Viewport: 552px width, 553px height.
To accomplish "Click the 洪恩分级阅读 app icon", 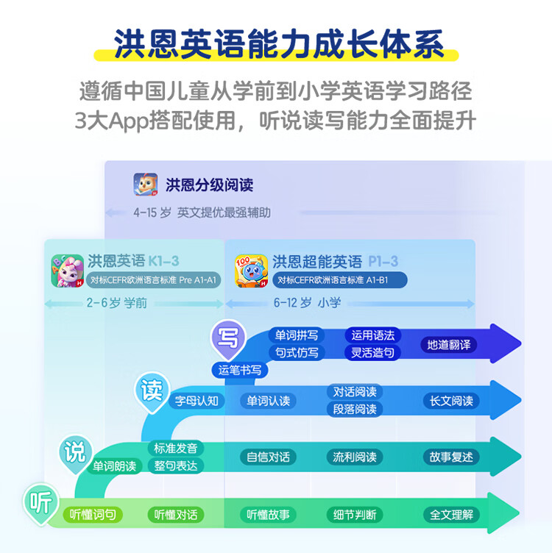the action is pyautogui.click(x=146, y=185).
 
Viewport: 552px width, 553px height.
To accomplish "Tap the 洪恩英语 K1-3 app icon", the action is pyautogui.click(x=67, y=271).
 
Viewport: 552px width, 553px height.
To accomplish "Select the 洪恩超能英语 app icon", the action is pyautogui.click(x=251, y=271).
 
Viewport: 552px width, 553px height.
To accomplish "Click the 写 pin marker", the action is pyautogui.click(x=229, y=338).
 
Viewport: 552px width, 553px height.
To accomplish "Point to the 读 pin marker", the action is pyautogui.click(x=152, y=390).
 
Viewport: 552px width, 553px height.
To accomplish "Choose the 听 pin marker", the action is pyautogui.click(x=40, y=502).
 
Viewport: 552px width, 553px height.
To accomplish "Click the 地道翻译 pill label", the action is pyautogui.click(x=449, y=344).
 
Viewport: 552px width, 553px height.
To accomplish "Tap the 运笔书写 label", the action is pyautogui.click(x=240, y=370).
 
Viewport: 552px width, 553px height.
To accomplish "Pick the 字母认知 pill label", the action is pyautogui.click(x=197, y=401).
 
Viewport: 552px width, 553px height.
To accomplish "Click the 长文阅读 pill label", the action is pyautogui.click(x=452, y=401).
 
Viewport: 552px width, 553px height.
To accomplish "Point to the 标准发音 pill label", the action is pyautogui.click(x=175, y=448).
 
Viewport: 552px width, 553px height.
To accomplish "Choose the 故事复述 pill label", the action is pyautogui.click(x=452, y=457).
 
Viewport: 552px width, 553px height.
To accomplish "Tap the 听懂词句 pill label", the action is pyautogui.click(x=93, y=515).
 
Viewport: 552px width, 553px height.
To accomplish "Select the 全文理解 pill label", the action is pyautogui.click(x=452, y=515).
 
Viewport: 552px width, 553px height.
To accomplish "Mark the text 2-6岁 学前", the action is pyautogui.click(x=117, y=302).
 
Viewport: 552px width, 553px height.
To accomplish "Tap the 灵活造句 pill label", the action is pyautogui.click(x=372, y=352).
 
